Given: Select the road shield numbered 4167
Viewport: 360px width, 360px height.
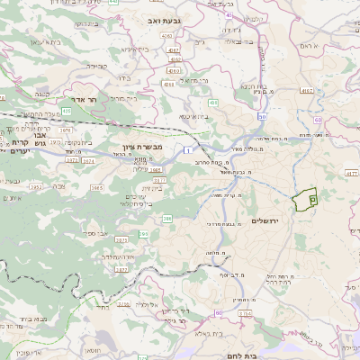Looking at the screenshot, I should [x=307, y=91].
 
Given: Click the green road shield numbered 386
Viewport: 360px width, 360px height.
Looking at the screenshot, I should [x=167, y=219].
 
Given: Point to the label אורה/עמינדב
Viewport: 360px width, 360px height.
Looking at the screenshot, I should [x=117, y=256].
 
